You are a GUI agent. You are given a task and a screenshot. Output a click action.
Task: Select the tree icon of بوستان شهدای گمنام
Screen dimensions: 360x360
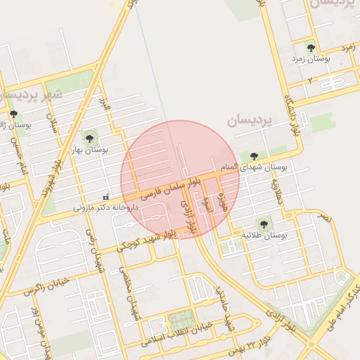pyautogui.click(x=254, y=156)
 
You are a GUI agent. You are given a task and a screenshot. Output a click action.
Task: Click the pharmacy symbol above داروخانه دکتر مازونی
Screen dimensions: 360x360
pyautogui.click(x=106, y=196)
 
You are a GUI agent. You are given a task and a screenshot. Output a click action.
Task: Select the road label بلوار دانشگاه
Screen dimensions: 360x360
pyautogui.click(x=292, y=109)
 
